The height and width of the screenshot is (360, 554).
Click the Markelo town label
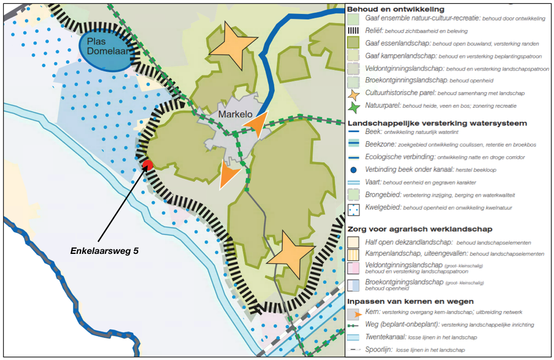(235, 114)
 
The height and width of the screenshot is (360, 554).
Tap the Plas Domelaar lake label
(108, 46)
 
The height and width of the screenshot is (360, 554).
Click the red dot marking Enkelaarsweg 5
(147, 165)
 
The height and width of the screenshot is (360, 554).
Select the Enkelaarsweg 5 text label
(104, 251)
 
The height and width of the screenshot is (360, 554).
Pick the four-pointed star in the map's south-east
(290, 254)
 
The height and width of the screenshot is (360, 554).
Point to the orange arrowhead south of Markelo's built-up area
(228, 174)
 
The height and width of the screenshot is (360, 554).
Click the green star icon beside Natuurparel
(353, 107)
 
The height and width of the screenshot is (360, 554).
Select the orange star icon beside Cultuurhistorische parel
(353, 94)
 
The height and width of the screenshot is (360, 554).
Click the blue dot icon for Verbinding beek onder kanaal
(353, 170)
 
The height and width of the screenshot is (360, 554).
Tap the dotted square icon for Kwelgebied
(353, 209)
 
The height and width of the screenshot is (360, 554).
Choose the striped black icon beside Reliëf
(353, 31)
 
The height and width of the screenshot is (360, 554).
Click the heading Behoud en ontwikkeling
(396, 9)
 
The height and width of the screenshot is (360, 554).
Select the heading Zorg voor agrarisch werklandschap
(420, 229)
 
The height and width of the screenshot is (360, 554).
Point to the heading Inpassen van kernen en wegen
(410, 302)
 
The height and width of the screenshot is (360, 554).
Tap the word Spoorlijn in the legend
(379, 350)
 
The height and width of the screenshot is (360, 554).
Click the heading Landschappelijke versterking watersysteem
(437, 123)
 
